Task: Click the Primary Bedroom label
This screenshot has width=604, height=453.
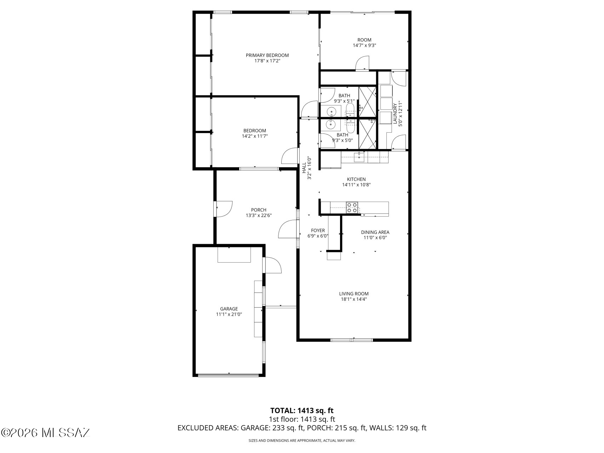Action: coord(267,55)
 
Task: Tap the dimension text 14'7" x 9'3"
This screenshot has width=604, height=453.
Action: coord(364,45)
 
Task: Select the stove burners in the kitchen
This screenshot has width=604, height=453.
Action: coord(352,207)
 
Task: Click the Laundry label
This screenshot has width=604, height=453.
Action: coord(395,113)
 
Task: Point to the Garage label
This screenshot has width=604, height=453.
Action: coord(229,309)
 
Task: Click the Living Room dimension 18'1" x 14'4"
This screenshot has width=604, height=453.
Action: coord(354,299)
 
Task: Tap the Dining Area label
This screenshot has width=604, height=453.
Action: coord(375,232)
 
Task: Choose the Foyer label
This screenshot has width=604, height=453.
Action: coord(318,230)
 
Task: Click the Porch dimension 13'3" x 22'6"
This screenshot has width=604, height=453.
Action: coord(259,215)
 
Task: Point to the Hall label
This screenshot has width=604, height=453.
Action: coord(304,168)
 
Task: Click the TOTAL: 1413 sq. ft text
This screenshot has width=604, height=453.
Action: coord(302,411)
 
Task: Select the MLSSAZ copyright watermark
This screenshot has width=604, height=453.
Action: coord(46,432)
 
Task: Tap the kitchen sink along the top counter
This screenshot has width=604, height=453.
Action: coord(359,157)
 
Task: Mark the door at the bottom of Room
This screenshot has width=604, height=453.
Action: coord(362,64)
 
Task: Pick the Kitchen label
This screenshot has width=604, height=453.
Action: coord(356,179)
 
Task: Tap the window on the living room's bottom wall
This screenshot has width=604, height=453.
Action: coord(351,340)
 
